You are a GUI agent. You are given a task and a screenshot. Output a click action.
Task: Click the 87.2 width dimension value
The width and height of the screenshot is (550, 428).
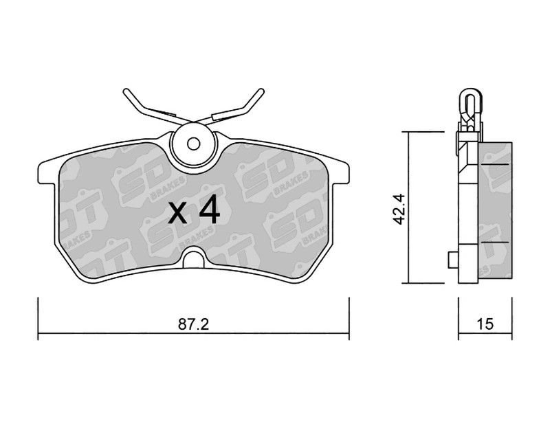click(x=193, y=324)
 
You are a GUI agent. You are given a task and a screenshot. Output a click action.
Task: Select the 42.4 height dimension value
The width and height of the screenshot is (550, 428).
click(x=399, y=210)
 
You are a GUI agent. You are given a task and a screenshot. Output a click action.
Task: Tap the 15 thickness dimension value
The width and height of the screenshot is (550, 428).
click(x=485, y=324)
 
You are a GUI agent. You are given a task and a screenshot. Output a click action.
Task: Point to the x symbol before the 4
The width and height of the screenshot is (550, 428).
click(x=177, y=214)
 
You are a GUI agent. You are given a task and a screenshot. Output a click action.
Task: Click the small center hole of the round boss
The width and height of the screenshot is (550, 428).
click(x=193, y=144)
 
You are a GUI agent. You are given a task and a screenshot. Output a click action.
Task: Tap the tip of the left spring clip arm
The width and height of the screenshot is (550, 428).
click(x=126, y=91)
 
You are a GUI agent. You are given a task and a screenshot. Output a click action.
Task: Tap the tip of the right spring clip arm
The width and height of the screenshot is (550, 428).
click(x=261, y=91)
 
